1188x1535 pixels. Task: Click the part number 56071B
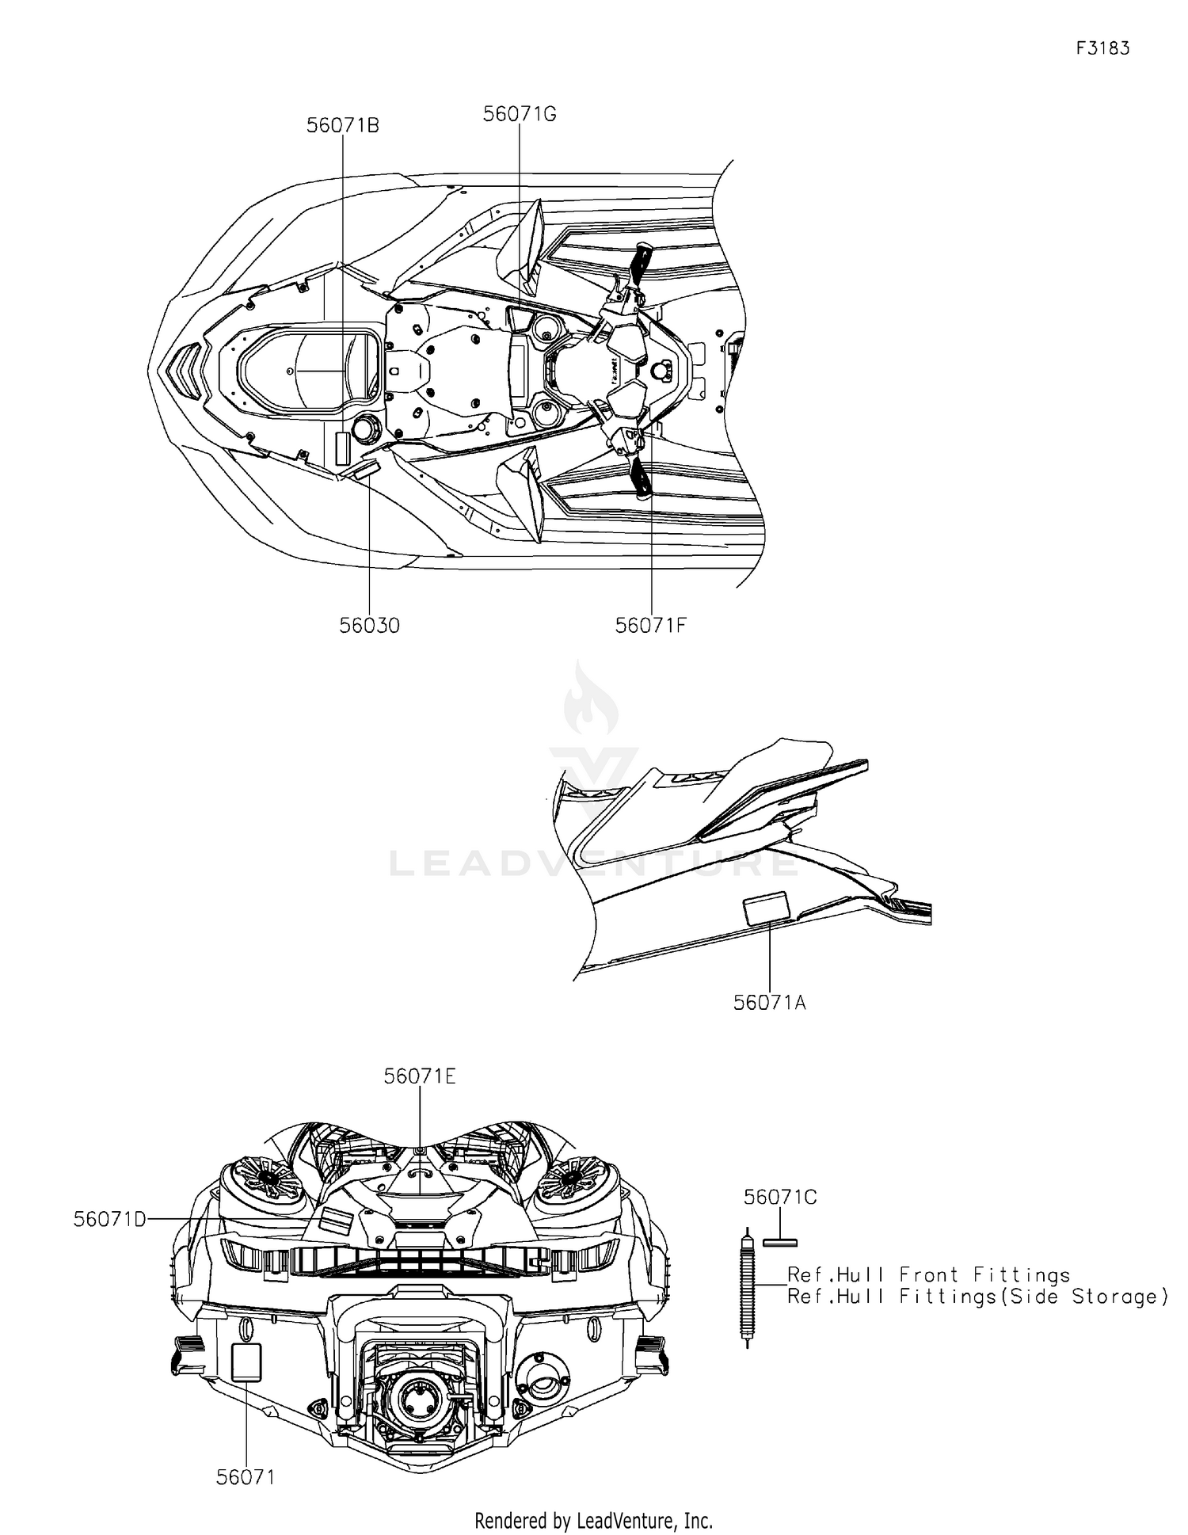(x=343, y=125)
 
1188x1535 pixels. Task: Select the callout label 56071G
(x=520, y=114)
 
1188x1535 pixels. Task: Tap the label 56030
(x=370, y=626)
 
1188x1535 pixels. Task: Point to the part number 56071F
(x=650, y=626)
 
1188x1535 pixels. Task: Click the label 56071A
(x=770, y=1003)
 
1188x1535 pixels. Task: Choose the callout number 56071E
(x=420, y=1076)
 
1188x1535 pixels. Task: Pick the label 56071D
(x=110, y=1220)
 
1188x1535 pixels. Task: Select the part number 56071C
(x=780, y=1198)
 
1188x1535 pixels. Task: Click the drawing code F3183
(x=1102, y=48)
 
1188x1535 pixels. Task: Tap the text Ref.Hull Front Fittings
(x=928, y=1275)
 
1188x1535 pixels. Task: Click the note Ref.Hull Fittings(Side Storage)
(x=978, y=1297)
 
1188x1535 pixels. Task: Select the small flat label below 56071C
(x=780, y=1242)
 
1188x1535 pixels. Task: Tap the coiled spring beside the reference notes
(x=747, y=1288)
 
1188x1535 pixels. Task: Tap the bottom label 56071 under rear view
(x=246, y=1478)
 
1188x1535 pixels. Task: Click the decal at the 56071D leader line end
(x=334, y=1220)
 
